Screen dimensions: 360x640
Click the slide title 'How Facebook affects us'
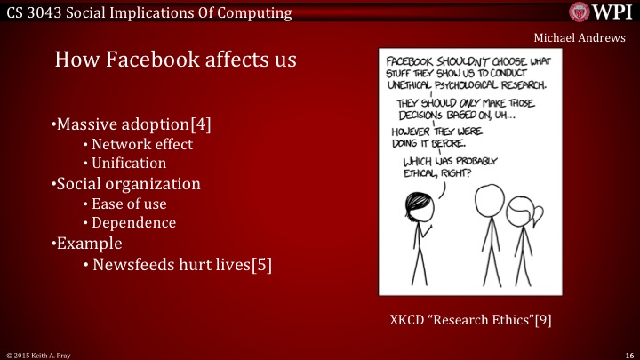click(x=175, y=60)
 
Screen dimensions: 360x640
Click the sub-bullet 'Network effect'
click(x=141, y=144)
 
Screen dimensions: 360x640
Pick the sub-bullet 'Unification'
click(x=134, y=164)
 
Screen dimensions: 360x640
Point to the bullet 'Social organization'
click(x=125, y=184)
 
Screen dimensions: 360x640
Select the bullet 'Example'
click(x=86, y=243)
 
